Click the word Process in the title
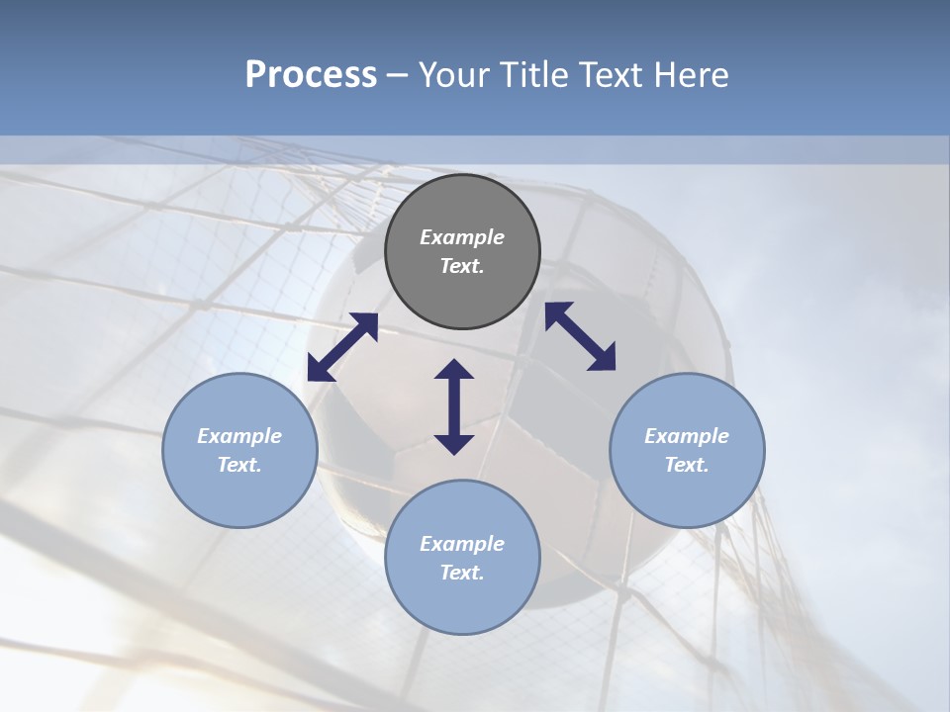[311, 75]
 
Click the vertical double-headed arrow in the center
[454, 406]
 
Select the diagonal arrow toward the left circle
[342, 347]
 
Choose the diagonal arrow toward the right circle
[580, 336]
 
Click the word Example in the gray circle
[462, 237]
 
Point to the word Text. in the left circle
[239, 465]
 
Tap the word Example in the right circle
[687, 436]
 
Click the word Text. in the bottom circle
[462, 573]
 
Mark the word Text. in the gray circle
[462, 266]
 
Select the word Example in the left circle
[239, 436]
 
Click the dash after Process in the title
[398, 76]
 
